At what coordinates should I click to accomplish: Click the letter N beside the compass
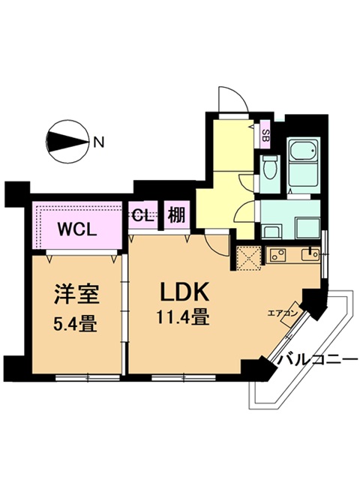click(x=98, y=142)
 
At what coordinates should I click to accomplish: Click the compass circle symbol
click(x=67, y=142)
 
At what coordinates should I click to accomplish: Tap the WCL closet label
click(x=77, y=230)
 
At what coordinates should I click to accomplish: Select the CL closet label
click(x=142, y=216)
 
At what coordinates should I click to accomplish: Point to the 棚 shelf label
click(x=177, y=215)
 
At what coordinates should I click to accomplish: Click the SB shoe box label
click(x=265, y=135)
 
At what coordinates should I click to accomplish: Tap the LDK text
click(x=184, y=291)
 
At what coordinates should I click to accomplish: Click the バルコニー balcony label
click(x=317, y=359)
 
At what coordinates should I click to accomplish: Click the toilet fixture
click(x=270, y=167)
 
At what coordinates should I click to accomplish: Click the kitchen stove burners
click(x=277, y=255)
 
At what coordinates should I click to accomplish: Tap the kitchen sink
click(x=310, y=255)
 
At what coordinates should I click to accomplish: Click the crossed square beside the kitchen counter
click(x=249, y=258)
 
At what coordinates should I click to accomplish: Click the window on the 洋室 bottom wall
click(x=88, y=377)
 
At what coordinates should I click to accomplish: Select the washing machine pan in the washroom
click(x=308, y=228)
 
